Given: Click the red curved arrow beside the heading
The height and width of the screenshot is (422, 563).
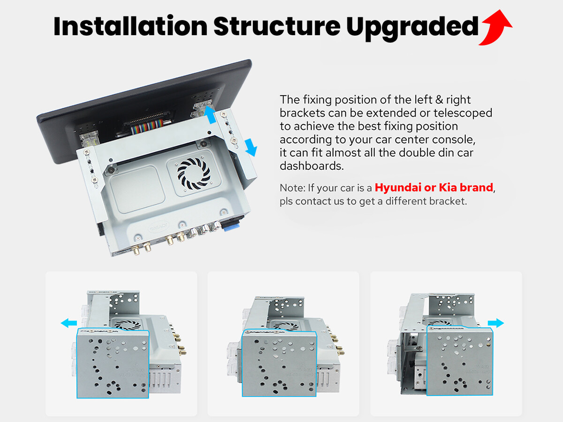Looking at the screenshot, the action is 496,28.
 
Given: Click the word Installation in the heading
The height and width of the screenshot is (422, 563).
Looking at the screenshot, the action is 130,26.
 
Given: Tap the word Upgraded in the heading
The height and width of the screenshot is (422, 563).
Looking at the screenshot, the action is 412,28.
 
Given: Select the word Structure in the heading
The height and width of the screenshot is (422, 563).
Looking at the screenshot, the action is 277,26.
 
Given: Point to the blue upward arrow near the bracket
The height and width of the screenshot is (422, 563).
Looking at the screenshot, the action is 210,115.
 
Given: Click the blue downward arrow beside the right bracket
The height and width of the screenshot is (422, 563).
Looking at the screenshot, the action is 251,147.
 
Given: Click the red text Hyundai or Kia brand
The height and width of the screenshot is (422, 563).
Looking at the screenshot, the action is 434,188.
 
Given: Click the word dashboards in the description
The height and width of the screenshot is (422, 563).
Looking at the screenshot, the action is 312,166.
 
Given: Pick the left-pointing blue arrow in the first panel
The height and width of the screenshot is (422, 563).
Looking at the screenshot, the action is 69,323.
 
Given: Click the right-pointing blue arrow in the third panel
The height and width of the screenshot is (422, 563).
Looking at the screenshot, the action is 496,323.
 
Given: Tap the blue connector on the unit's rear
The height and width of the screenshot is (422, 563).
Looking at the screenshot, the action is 231,226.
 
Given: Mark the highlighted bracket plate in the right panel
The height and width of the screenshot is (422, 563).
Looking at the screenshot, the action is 459,361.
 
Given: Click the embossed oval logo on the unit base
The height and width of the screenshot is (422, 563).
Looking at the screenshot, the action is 159,226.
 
